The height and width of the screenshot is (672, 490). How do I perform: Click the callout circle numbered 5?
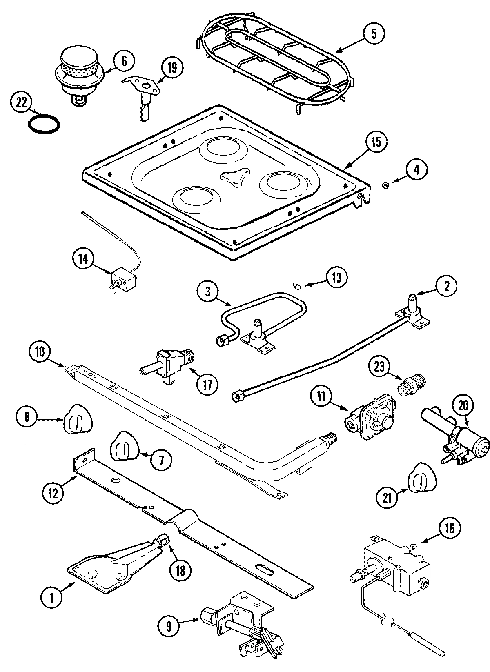[374, 34]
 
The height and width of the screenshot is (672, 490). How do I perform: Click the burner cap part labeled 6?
[78, 71]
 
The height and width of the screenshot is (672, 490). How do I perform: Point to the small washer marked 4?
[384, 186]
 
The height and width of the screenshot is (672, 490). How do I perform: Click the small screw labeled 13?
[298, 286]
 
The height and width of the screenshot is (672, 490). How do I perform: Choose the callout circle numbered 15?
[376, 142]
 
